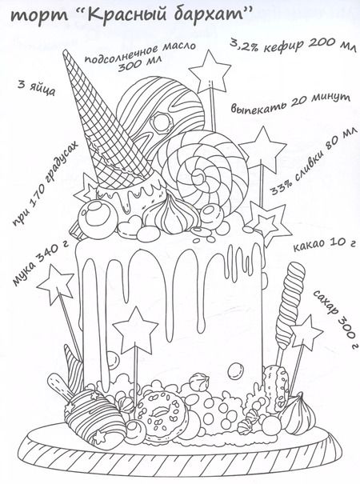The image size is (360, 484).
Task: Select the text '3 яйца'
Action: [36, 88]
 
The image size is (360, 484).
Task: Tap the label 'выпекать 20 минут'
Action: [290, 102]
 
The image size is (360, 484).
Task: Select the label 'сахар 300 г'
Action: [336, 319]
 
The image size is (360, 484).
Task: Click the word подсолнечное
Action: [121, 54]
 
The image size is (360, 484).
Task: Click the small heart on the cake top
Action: [128, 226]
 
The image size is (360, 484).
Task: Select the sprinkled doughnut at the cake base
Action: [160, 412]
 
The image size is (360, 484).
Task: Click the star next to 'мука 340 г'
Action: [56, 284]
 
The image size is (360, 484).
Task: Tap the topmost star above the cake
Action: [210, 72]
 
